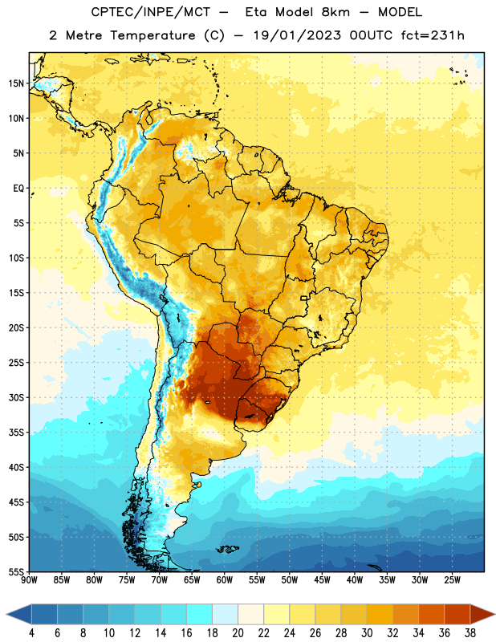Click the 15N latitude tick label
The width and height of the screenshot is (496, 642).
click(16, 83)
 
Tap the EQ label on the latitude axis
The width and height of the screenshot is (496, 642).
click(18, 189)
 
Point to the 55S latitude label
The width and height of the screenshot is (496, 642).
click(16, 571)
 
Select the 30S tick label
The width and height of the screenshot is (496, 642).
click(16, 397)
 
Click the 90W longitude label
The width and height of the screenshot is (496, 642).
click(30, 579)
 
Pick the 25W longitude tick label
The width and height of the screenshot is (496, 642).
click(452, 579)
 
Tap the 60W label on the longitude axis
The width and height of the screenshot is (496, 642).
click(225, 579)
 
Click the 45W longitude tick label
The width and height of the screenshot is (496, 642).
click(323, 579)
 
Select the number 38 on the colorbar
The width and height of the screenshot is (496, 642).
click(470, 633)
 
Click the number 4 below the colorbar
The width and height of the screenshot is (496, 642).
click(31, 633)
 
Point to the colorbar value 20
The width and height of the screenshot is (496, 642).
click(238, 633)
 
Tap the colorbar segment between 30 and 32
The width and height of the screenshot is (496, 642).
click(380, 615)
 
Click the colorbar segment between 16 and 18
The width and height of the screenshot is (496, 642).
click(200, 615)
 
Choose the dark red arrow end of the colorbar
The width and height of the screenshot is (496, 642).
click(482, 615)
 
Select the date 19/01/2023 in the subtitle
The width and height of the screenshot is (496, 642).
click(297, 35)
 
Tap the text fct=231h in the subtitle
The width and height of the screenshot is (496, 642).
click(433, 35)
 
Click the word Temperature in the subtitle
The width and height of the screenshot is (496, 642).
click(152, 35)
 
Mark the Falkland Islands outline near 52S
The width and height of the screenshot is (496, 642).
click(228, 549)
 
